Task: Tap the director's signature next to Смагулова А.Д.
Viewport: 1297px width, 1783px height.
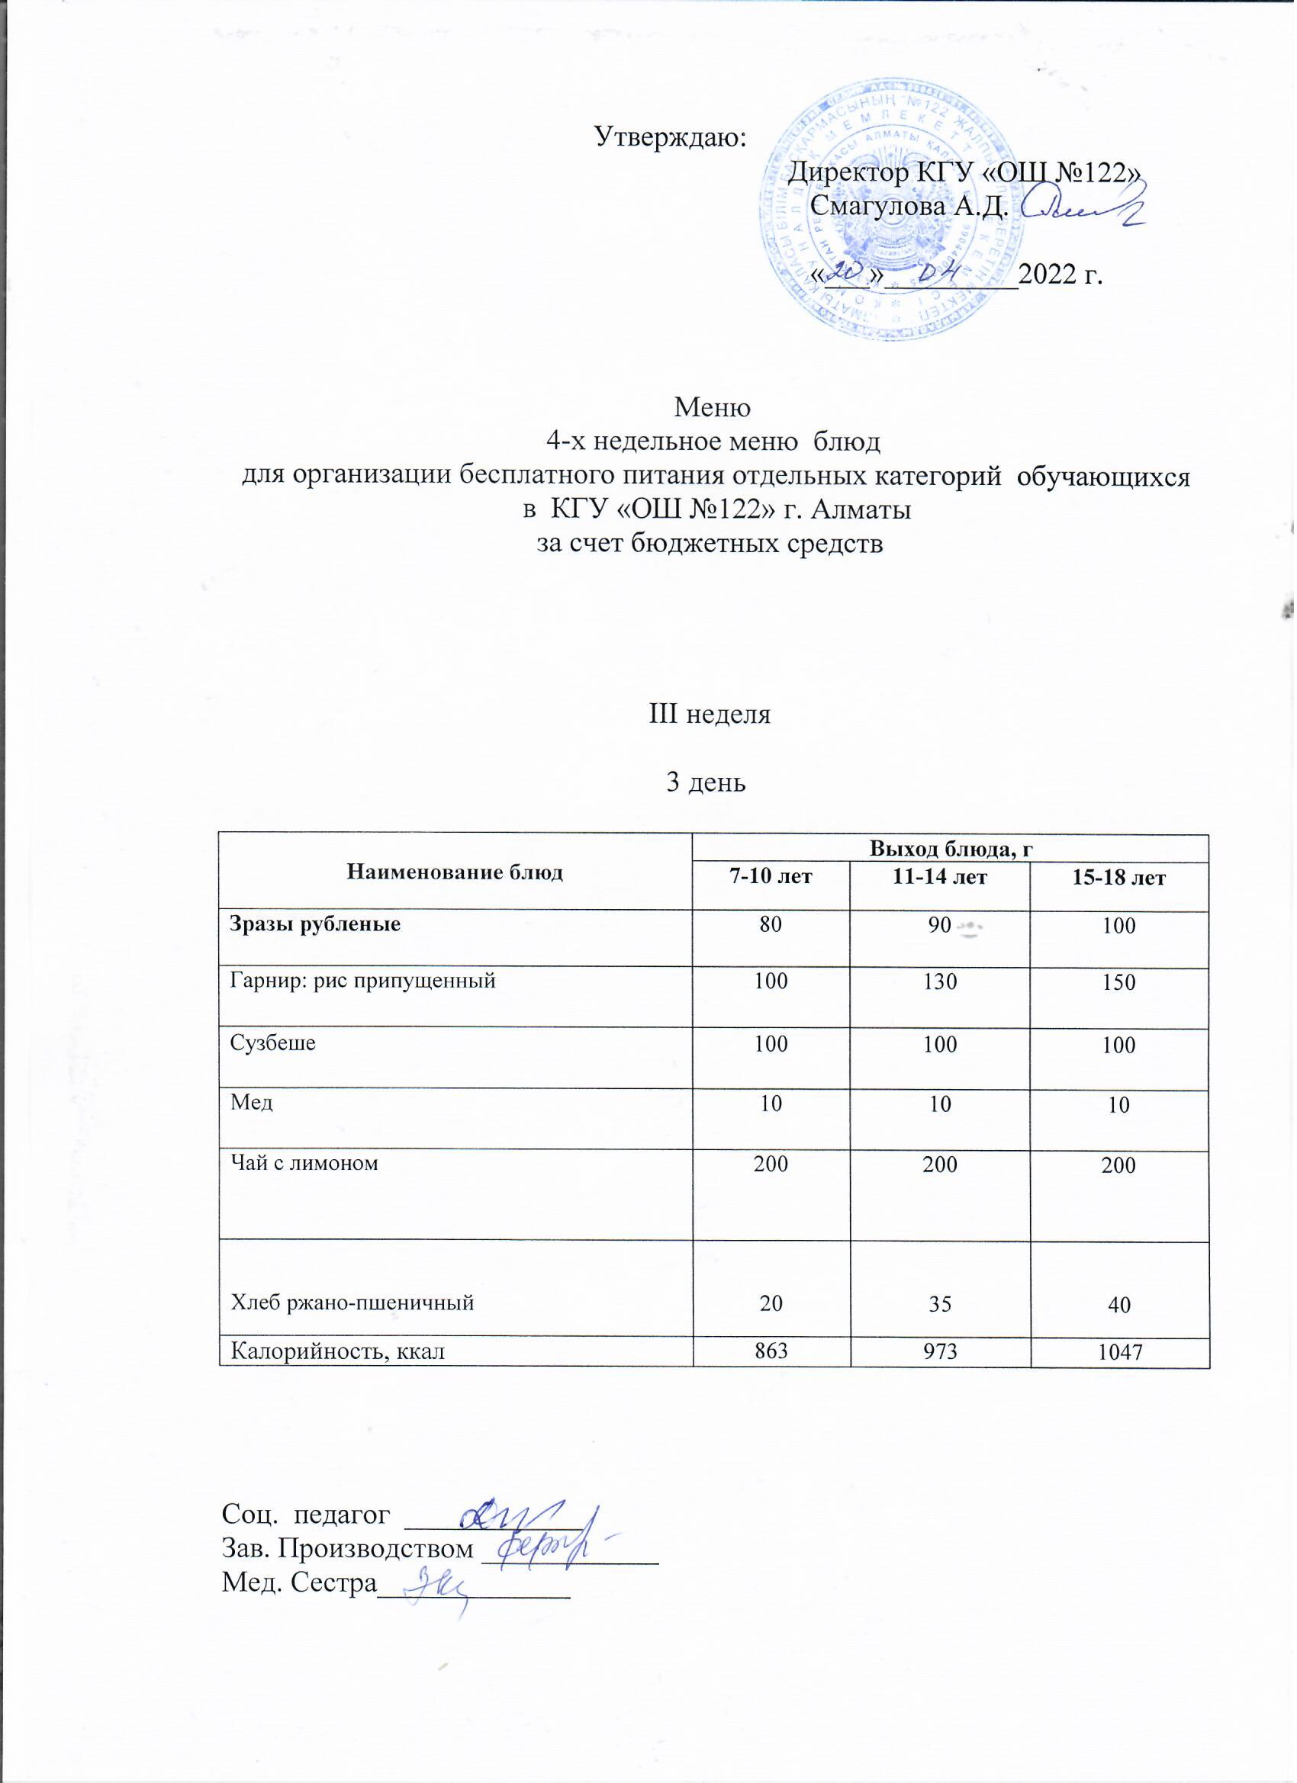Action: pos(1086,206)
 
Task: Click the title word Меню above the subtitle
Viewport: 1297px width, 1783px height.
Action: pos(713,408)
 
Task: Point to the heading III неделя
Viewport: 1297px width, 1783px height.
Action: pos(709,715)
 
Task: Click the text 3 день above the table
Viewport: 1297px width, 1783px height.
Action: pos(706,782)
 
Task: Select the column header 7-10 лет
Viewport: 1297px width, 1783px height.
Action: pos(771,876)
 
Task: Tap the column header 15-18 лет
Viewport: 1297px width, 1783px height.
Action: pos(1118,877)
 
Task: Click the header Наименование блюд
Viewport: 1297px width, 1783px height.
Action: pos(455,872)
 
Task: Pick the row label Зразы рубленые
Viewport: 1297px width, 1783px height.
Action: pos(315,924)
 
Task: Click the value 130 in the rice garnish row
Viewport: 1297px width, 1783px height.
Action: pos(940,982)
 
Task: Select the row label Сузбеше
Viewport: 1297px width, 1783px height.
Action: pos(272,1043)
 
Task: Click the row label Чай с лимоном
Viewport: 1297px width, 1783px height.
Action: pos(304,1163)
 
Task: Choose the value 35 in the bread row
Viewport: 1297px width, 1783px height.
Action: pos(940,1304)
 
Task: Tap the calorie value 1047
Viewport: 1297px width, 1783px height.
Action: pos(1118,1352)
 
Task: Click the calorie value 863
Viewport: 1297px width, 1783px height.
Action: pos(771,1351)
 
